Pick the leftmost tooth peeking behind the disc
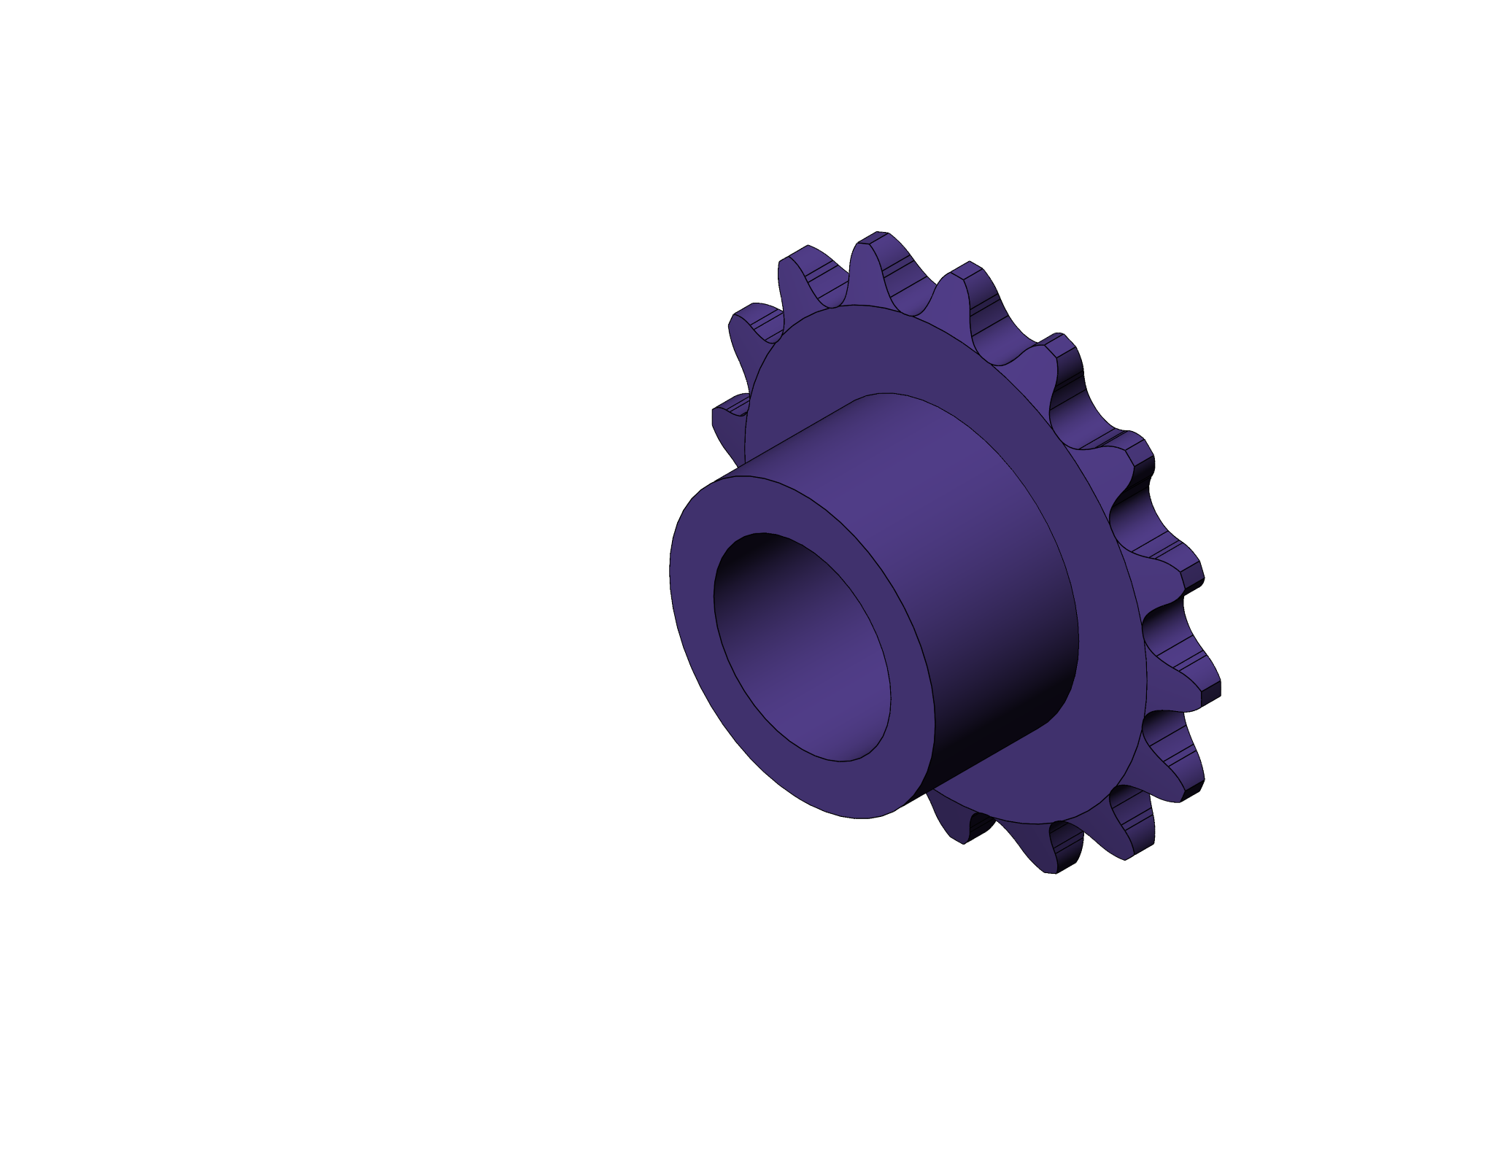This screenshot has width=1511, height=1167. tap(730, 416)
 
